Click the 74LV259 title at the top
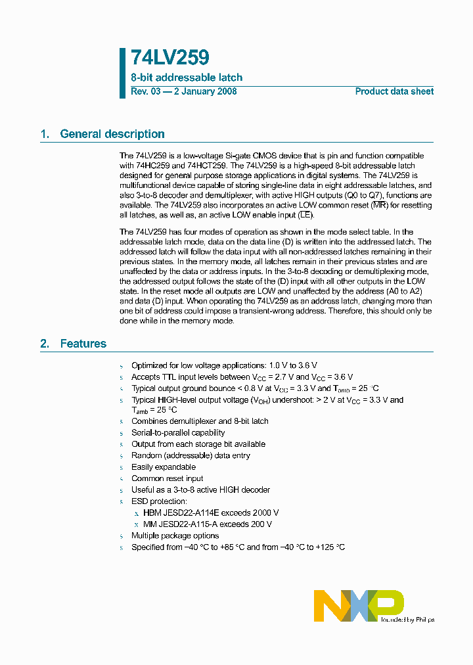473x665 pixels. (169, 58)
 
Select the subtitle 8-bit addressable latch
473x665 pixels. (187, 78)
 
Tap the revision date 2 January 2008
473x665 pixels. (205, 91)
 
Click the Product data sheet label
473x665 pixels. (394, 91)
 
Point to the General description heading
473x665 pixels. (112, 134)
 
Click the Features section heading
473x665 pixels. (83, 344)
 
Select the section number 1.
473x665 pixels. (45, 134)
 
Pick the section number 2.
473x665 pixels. (45, 344)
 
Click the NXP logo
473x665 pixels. (359, 605)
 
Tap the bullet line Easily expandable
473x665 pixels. (164, 467)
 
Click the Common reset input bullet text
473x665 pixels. (167, 478)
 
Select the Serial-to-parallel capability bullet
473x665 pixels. (178, 432)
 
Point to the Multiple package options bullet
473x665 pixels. (175, 536)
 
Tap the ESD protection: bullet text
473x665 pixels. (159, 501)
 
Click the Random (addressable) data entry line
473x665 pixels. (191, 455)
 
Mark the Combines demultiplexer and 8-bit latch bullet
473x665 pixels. (200, 421)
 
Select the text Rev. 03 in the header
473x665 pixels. (146, 91)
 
